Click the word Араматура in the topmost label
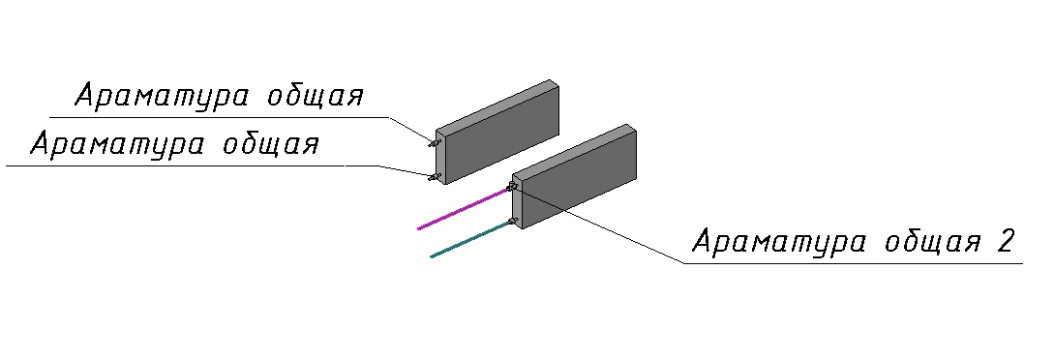pos(162,97)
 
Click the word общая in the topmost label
pos(316,97)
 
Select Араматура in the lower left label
pos(117,145)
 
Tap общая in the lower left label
pos(271,145)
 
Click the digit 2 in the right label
pos(1005,241)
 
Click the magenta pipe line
pos(464,209)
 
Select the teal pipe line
pos(470,239)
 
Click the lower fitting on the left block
pos(434,177)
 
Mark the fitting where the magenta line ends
pos(512,186)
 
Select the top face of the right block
pos(575,148)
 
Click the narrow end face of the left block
pos(440,156)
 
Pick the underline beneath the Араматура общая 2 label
pos(854,263)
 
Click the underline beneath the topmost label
pos(220,117)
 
